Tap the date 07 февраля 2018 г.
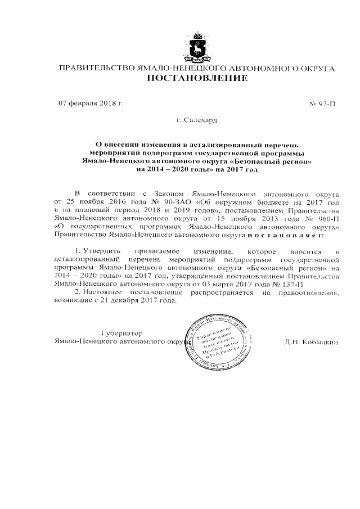[x=91, y=103]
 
